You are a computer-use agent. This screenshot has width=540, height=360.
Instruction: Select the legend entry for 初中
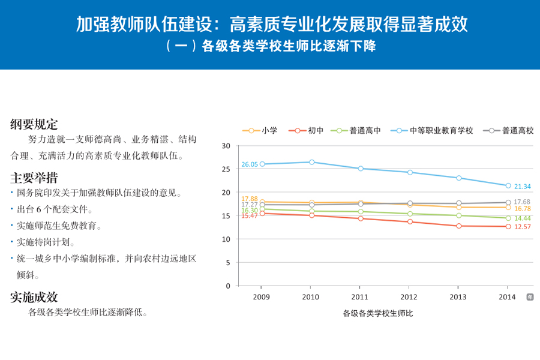click(x=307, y=130)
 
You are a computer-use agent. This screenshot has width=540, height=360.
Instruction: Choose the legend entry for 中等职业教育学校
click(x=432, y=130)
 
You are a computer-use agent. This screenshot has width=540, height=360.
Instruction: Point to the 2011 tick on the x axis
click(x=359, y=297)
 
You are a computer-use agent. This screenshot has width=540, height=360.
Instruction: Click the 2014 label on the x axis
click(x=507, y=297)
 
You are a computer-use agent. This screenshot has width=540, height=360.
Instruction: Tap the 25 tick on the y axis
click(x=226, y=169)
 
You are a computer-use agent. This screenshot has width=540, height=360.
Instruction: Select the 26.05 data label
click(x=250, y=164)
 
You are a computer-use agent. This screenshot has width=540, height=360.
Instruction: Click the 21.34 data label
click(x=522, y=187)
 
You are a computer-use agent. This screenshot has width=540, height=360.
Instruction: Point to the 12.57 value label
click(x=522, y=227)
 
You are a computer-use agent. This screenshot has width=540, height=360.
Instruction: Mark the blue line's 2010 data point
click(x=311, y=162)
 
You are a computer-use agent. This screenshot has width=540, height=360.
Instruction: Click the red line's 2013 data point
click(x=459, y=226)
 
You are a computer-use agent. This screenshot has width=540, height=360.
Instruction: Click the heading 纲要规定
click(x=34, y=124)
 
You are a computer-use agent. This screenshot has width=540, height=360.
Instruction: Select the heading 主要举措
click(x=34, y=178)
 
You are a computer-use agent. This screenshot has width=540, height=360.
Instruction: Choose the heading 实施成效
click(x=34, y=296)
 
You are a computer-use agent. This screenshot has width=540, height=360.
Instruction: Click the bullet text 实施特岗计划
click(x=46, y=242)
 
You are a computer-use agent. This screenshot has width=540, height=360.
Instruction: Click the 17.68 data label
click(x=522, y=202)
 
